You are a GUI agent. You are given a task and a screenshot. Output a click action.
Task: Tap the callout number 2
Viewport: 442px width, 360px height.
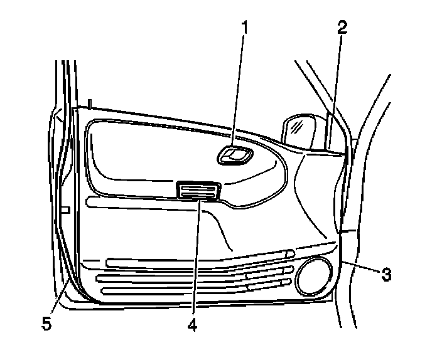coord(342,28)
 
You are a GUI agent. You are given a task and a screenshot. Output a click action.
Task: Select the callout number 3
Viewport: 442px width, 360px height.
coord(387,274)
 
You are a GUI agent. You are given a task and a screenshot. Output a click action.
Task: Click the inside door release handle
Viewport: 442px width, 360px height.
coord(235,156)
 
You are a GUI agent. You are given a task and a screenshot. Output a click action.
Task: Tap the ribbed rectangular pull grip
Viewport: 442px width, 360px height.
coord(198,191)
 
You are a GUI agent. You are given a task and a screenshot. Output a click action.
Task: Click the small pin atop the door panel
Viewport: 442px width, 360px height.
coord(90,102)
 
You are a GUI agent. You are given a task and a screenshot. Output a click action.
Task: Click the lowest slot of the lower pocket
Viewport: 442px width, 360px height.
coord(176,290)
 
